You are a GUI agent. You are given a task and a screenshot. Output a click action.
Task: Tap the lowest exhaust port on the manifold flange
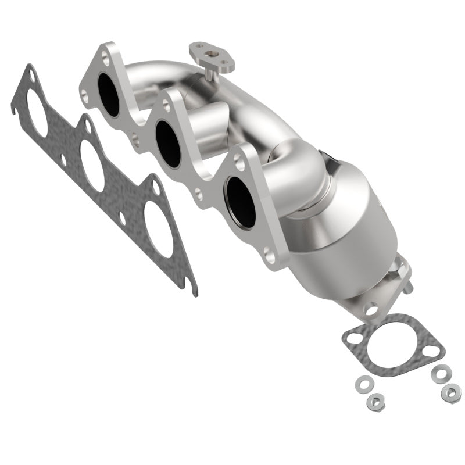pyautogui.click(x=241, y=201)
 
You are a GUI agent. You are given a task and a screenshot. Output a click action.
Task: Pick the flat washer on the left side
pyautogui.click(x=364, y=383)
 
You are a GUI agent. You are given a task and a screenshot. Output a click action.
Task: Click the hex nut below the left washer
pyautogui.click(x=372, y=400)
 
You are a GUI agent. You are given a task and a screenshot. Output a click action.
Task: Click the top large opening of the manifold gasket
pyautogui.click(x=37, y=117)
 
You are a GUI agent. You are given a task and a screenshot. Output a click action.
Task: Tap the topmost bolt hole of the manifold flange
pyautogui.click(x=105, y=57)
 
